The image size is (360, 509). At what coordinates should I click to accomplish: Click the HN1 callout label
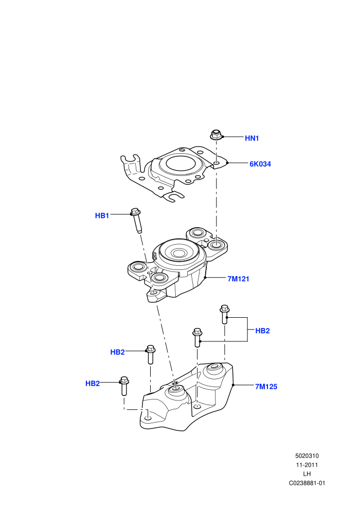coord(251,138)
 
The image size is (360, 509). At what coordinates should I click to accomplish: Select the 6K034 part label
coord(260,164)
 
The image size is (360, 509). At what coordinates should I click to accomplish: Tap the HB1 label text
coord(102,215)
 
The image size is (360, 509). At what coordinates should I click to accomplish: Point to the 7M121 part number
coord(238,279)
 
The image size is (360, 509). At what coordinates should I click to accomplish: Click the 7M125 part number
coord(266,387)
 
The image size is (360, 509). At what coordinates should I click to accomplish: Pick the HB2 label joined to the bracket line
coord(262,331)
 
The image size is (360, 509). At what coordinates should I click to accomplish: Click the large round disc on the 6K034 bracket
coord(181,164)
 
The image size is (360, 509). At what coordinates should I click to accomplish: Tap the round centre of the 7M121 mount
coord(178,253)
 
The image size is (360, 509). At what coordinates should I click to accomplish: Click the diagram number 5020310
coord(307,456)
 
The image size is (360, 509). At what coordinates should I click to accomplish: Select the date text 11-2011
coord(307,465)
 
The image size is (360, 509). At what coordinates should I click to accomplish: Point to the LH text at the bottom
coord(307,474)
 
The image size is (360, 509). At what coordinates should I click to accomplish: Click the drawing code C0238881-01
coord(307,483)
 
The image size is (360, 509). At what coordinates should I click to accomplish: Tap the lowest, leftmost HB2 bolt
coord(124,386)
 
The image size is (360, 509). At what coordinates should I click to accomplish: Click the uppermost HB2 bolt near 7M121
coord(224,314)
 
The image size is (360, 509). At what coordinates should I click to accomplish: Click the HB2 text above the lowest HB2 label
coord(117,352)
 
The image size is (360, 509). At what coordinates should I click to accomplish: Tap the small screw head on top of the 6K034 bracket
coord(182,150)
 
